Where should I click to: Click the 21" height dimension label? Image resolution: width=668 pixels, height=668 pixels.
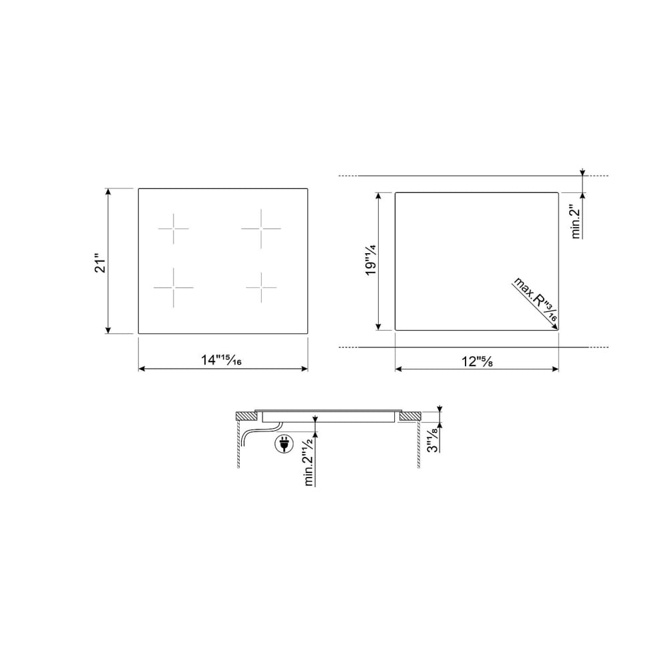pyautogui.click(x=101, y=264)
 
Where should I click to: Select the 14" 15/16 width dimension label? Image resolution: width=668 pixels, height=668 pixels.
pyautogui.click(x=222, y=361)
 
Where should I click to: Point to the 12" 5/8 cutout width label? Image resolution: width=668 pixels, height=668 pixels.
pyautogui.click(x=477, y=361)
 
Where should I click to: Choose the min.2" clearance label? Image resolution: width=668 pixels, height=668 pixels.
pyautogui.click(x=576, y=222)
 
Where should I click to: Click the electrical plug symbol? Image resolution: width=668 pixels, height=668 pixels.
pyautogui.click(x=284, y=444)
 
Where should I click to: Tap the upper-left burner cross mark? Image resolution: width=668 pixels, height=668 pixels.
pyautogui.click(x=174, y=228)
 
